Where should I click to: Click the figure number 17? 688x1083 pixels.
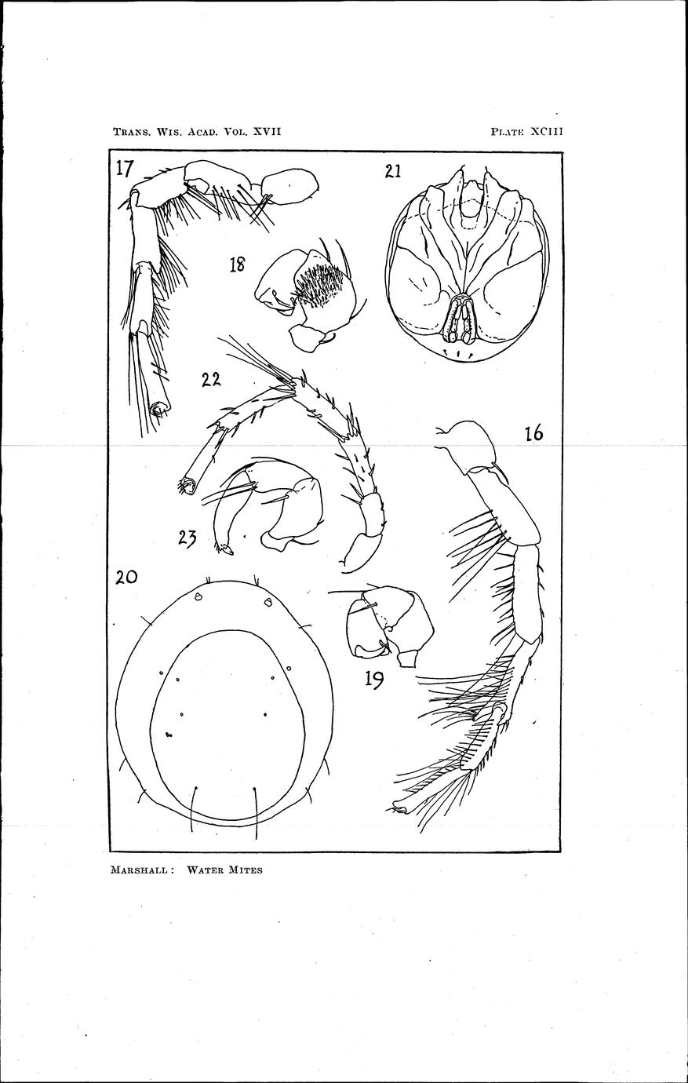[x=124, y=170]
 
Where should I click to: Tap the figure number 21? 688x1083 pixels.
[x=393, y=172]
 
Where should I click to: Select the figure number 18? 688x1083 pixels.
[x=237, y=264]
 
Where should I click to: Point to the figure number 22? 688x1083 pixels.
[x=211, y=380]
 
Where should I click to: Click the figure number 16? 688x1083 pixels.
[x=534, y=432]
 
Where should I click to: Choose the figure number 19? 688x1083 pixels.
[x=375, y=680]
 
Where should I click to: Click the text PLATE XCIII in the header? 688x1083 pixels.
[x=527, y=131]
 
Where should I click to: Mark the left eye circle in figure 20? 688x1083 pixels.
[x=198, y=598]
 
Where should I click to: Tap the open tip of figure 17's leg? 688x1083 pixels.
[x=158, y=410]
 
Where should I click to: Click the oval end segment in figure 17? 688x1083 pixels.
[x=289, y=187]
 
